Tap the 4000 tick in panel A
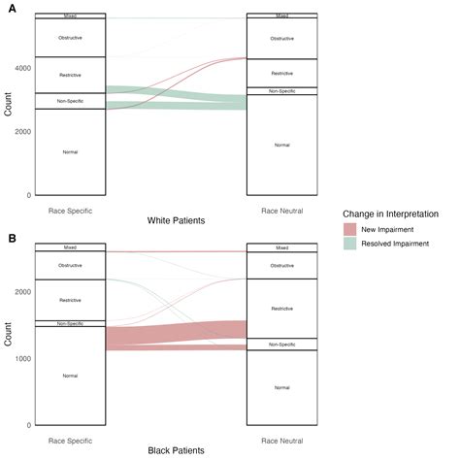[x=18, y=68]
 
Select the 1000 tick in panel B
[x=18, y=358]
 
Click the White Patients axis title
[x=176, y=220]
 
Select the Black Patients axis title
[x=176, y=451]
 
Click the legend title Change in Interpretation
[x=398, y=213]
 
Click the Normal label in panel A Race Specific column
[x=69, y=152]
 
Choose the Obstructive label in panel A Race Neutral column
[x=281, y=39]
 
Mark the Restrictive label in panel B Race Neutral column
[x=281, y=309]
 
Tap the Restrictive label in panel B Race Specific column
[x=69, y=300]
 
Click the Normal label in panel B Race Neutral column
[x=281, y=387]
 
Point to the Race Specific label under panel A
[x=69, y=209]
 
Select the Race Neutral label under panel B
[x=281, y=440]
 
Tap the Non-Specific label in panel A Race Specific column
[x=69, y=101]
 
